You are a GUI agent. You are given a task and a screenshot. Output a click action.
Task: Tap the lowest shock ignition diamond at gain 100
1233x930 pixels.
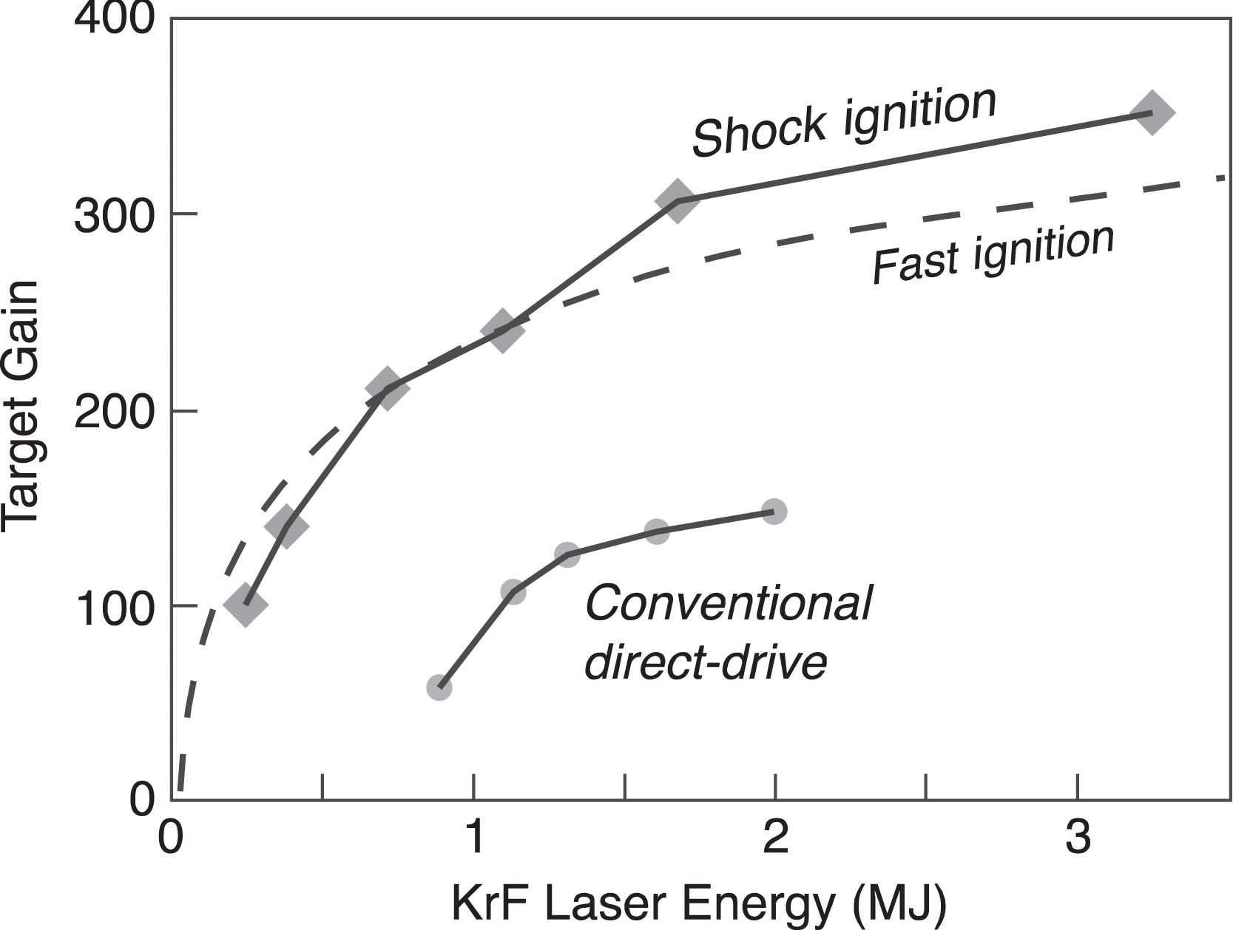246,605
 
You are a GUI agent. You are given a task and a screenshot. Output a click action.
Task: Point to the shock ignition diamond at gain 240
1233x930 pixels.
502,330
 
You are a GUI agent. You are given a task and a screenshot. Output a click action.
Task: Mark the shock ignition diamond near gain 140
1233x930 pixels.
286,526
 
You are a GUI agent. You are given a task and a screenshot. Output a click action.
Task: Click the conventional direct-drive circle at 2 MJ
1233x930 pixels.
774,512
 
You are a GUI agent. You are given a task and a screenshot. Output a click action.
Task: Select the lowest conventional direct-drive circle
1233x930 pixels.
439,688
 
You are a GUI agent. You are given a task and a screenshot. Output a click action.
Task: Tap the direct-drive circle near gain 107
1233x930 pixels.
513,592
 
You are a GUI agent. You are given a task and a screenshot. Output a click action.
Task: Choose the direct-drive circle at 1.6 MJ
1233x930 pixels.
657,531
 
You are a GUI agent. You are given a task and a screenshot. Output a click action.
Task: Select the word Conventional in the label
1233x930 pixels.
729,605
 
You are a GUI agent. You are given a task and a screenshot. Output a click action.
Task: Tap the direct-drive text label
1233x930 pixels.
705,662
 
